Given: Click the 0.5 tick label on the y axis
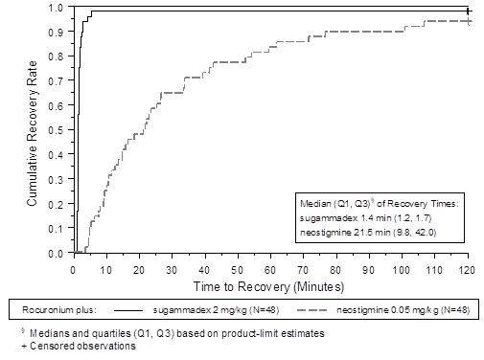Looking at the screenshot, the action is click(x=56, y=130).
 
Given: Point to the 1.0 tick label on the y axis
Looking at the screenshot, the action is click(x=56, y=8).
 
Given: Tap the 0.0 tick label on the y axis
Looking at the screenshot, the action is click(x=56, y=254).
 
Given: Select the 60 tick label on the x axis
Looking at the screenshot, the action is click(x=270, y=270).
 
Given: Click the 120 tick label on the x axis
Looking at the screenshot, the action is click(x=467, y=270).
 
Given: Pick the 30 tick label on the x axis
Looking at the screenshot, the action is click(x=172, y=270).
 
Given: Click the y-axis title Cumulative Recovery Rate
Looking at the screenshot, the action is click(x=33, y=133).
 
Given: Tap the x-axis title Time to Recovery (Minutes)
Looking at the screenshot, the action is click(x=268, y=286).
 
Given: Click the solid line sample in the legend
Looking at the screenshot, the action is click(x=128, y=310).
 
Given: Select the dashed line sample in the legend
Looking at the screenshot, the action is click(x=311, y=310).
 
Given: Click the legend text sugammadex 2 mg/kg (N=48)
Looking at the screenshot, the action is click(x=216, y=310).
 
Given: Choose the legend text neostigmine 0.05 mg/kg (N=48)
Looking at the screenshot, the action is click(x=403, y=310).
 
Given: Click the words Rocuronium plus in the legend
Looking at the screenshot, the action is click(x=59, y=310).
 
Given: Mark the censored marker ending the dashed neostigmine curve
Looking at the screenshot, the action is click(x=469, y=21).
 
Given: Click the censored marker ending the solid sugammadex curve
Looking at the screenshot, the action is click(x=468, y=11).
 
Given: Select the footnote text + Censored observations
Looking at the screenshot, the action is click(x=79, y=346).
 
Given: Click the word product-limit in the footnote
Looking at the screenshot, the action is click(x=246, y=333).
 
